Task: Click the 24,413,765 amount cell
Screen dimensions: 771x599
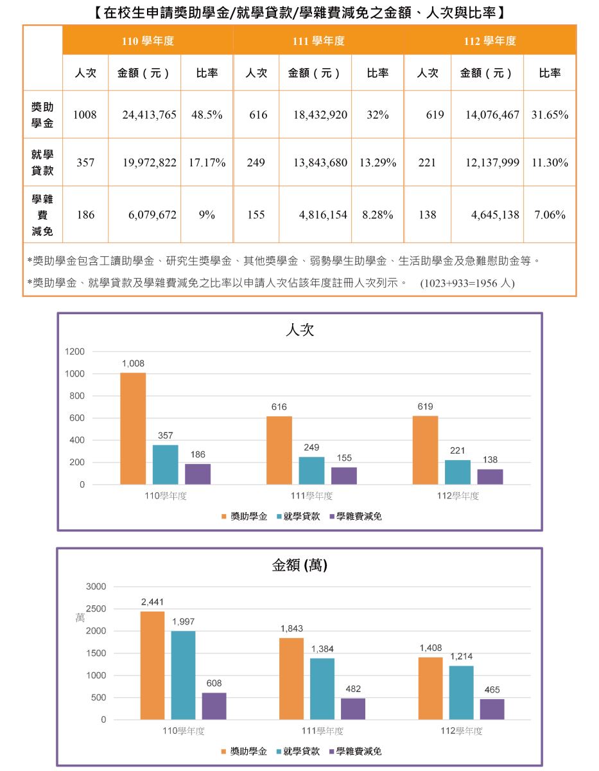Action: coord(149,115)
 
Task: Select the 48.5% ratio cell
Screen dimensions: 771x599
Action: coord(207,115)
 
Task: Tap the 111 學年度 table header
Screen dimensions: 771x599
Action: coord(318,41)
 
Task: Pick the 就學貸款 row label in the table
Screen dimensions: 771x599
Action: coord(42,163)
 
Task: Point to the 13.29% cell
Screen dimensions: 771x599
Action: coord(378,163)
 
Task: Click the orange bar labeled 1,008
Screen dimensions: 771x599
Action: coord(133,429)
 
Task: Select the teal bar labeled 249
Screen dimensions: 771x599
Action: coord(311,470)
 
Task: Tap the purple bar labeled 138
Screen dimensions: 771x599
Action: coord(490,477)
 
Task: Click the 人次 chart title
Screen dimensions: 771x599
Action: coord(299,330)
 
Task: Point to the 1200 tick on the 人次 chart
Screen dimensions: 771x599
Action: coord(74,351)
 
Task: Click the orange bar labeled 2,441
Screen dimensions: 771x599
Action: coord(152,665)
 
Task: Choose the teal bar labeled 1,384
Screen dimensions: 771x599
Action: coord(322,689)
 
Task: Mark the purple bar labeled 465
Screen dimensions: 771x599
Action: coord(492,709)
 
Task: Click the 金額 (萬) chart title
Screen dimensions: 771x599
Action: coord(300,565)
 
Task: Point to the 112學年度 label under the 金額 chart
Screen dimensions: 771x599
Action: coord(461,731)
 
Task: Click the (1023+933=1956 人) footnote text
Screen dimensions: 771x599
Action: coord(467,283)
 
